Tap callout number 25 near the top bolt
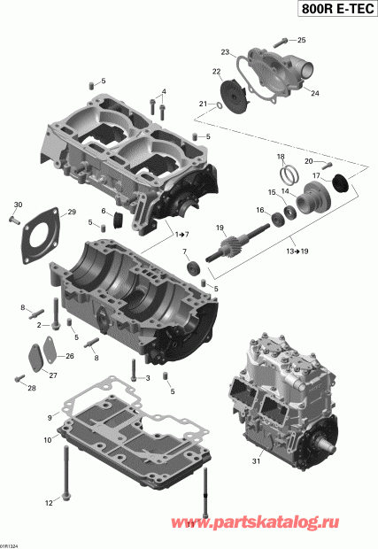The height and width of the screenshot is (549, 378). point(301,40)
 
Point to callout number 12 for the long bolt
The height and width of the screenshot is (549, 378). point(49,502)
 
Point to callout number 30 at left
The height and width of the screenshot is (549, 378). point(17,205)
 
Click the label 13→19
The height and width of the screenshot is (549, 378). point(297,251)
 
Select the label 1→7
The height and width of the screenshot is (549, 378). point(181,233)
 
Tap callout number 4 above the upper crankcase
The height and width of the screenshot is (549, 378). point(163,92)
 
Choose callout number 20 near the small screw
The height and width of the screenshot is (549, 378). point(309,161)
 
